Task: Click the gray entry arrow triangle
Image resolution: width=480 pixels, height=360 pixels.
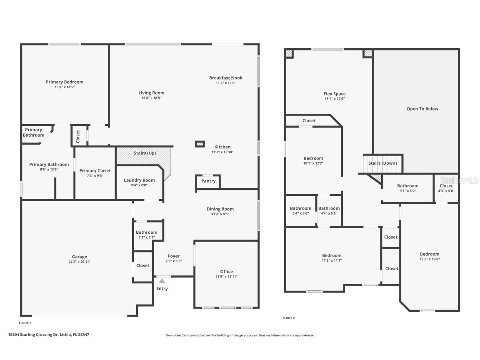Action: pos(162,281)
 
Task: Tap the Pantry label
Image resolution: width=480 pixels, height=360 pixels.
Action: pos(208,181)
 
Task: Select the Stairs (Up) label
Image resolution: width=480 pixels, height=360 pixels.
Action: pos(145,153)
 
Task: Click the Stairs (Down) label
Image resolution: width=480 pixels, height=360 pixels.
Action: pos(382,163)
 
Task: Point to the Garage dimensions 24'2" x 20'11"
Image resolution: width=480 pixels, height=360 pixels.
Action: pos(79,262)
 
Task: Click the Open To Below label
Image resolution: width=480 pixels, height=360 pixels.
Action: pos(422,109)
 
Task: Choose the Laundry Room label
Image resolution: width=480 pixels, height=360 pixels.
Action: pos(139,180)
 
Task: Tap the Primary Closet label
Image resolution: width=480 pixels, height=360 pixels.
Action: pos(95,170)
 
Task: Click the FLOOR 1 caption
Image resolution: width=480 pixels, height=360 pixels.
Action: pos(25,323)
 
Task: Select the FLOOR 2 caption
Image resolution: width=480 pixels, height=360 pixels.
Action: pos(288,318)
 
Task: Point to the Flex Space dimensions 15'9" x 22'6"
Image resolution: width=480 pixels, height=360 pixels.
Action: pos(335,99)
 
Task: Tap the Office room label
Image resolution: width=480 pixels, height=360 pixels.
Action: pos(226,271)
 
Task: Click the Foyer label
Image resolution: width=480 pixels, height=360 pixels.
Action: pos(174,256)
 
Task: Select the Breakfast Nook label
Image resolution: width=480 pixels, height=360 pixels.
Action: pos(225,78)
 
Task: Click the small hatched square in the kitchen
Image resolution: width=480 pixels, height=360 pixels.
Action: pos(200,144)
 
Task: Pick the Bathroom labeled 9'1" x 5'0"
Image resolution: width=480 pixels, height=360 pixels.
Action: pos(407,186)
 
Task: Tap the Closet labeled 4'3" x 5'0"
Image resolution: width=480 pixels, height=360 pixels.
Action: pos(446,186)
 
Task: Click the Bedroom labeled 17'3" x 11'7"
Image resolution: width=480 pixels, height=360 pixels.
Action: pos(332,255)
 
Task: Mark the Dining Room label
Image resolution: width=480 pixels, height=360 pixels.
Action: pos(220,209)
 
